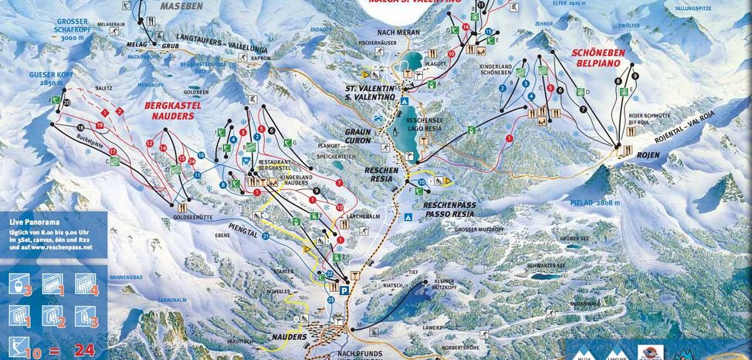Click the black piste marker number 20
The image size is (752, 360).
point(67,102)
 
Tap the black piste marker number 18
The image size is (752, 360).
point(81,127)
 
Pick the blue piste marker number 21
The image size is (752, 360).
point(265,236)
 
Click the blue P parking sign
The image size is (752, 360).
point(344,290)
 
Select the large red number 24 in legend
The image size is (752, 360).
point(84,350)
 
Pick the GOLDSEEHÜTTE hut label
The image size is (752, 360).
point(181,219)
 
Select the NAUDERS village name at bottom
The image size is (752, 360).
point(289,338)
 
